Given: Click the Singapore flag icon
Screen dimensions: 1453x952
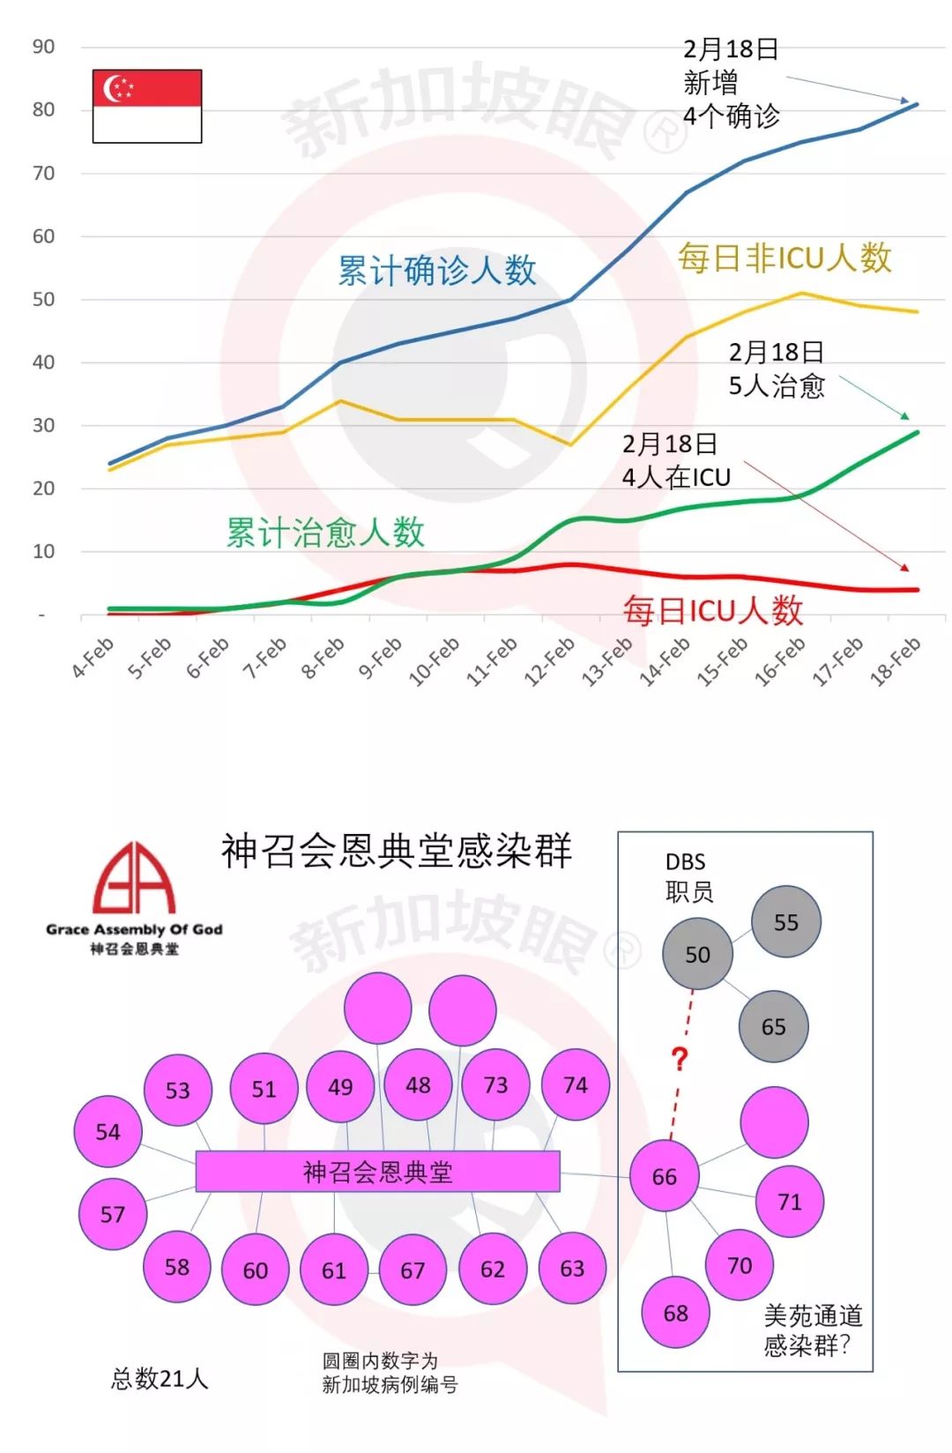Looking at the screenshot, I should (x=147, y=106).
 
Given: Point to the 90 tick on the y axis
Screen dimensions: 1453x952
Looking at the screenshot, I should (x=43, y=47).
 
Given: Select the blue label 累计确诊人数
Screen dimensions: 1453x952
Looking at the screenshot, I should (x=437, y=271).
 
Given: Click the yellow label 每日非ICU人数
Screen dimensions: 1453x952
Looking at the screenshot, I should (x=785, y=257).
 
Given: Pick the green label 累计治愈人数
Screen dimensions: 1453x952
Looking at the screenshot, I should (x=325, y=533).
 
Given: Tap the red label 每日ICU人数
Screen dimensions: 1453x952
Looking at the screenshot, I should (x=713, y=610).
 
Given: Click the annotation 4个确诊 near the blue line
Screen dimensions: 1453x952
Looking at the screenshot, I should (x=731, y=116).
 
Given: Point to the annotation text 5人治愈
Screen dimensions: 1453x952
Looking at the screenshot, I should (x=776, y=386).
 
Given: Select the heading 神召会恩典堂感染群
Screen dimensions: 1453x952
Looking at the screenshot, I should (x=397, y=851).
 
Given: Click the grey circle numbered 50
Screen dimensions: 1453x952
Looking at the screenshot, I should (x=697, y=954).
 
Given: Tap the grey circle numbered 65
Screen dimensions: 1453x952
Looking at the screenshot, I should (x=773, y=1026).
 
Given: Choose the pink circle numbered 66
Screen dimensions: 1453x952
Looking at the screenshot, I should (x=665, y=1176).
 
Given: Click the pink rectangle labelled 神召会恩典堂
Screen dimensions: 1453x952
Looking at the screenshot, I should (x=377, y=1172).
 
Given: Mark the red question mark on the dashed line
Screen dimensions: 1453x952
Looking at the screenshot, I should (x=679, y=1058).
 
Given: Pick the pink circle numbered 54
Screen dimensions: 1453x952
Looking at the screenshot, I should (x=108, y=1132).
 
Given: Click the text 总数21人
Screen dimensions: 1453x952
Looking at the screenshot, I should (x=159, y=1379).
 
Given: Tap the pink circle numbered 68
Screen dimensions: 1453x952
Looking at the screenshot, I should (x=675, y=1313).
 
